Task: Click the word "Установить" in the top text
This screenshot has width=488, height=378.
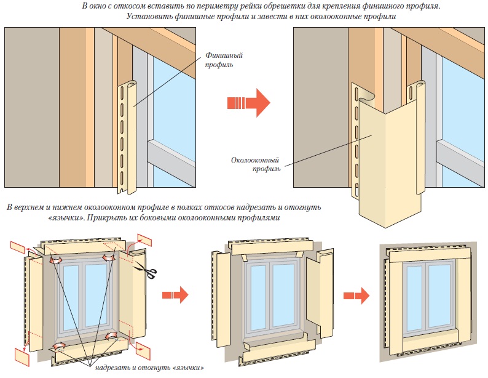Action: (151, 17)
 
